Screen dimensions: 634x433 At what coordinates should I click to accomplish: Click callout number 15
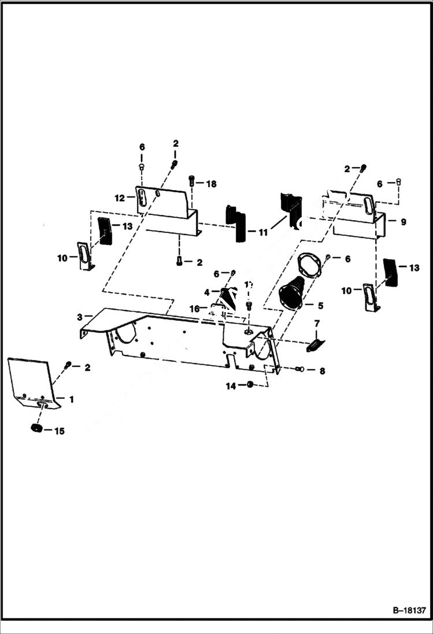(59, 431)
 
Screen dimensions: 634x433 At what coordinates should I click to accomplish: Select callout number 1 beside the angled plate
(71, 399)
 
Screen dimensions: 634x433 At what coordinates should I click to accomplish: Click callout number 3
(80, 316)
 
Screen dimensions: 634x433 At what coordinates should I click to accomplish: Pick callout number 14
(231, 386)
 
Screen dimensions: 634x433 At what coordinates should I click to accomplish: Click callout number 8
(321, 370)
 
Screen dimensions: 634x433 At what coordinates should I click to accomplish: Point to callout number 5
(320, 305)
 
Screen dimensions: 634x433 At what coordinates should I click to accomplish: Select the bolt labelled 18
(192, 182)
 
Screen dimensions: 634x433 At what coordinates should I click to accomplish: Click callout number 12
(120, 198)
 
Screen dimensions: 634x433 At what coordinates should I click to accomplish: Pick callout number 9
(403, 221)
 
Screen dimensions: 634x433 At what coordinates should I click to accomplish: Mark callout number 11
(263, 232)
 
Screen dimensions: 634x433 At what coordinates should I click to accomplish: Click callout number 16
(195, 309)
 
